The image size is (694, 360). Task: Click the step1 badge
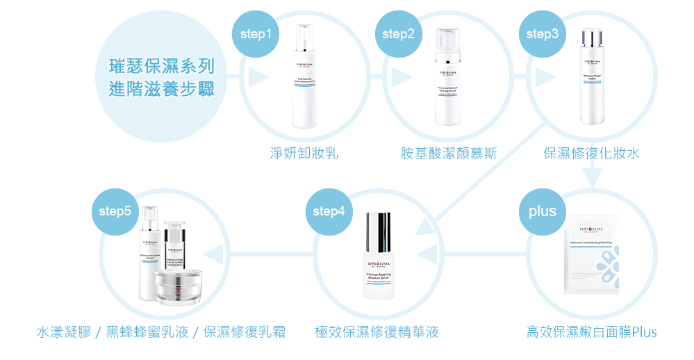pyautogui.click(x=254, y=33)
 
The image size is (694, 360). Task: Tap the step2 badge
pyautogui.click(x=398, y=33)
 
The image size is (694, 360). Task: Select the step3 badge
pyautogui.click(x=542, y=33)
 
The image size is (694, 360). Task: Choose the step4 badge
pyautogui.click(x=329, y=211)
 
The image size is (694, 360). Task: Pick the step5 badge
pyautogui.click(x=115, y=211)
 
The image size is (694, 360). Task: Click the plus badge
pyautogui.click(x=542, y=211)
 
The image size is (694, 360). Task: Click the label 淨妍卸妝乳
pyautogui.click(x=304, y=153)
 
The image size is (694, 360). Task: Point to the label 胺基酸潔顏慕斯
pyautogui.click(x=449, y=153)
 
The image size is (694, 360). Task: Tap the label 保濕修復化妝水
pyautogui.click(x=592, y=153)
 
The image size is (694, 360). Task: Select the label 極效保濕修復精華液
pyautogui.click(x=377, y=332)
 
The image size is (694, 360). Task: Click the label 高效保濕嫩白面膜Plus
pyautogui.click(x=592, y=332)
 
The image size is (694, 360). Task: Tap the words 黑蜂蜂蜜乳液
pyautogui.click(x=147, y=332)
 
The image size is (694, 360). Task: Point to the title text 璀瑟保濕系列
pyautogui.click(x=161, y=67)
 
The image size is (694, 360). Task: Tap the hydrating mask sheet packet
pyautogui.click(x=595, y=257)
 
